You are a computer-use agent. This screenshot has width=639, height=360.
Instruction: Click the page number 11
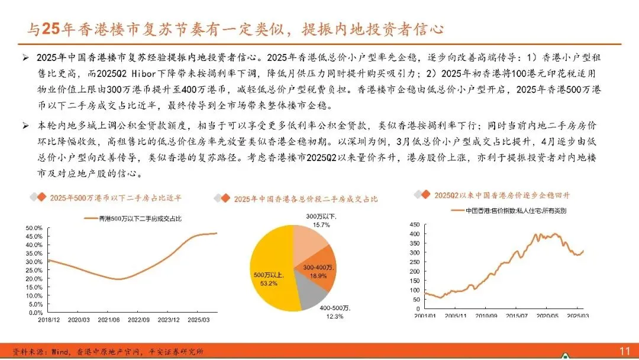[624, 351]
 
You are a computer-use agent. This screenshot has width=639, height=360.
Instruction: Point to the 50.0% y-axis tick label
[34, 228]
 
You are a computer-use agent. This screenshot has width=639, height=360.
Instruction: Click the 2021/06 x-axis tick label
[109, 320]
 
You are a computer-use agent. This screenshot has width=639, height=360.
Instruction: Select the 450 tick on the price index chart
[414, 224]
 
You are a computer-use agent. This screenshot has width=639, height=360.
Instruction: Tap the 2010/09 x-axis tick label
[486, 316]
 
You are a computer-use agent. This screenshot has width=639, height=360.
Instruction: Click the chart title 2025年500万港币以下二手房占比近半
[116, 198]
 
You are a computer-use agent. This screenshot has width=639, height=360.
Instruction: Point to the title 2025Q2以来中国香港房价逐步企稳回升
[502, 195]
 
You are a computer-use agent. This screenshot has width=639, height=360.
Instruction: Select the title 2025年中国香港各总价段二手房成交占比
[306, 199]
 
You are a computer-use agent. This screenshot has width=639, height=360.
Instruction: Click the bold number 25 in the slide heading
[51, 29]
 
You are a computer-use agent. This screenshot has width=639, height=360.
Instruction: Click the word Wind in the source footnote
[60, 352]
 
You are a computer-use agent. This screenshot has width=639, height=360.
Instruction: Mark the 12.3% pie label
[334, 316]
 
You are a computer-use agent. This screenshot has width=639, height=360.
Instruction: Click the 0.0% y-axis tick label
[35, 313]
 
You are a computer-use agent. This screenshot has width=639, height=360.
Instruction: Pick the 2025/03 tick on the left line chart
[198, 320]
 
